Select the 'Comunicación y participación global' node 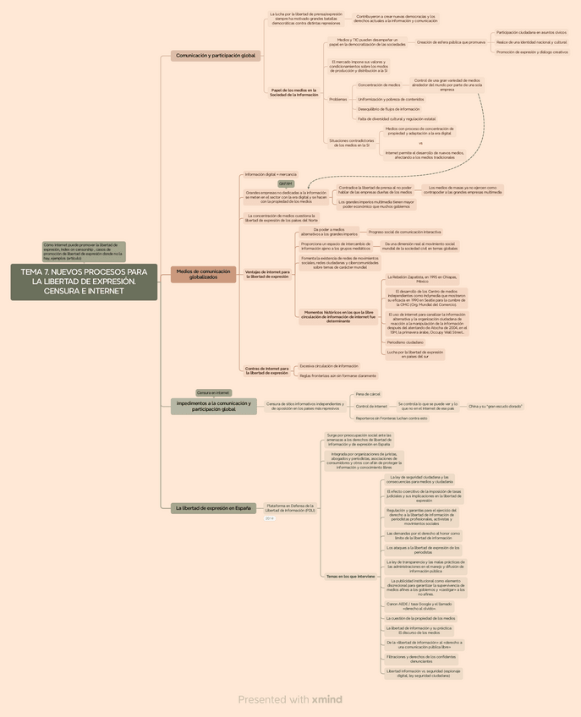215,56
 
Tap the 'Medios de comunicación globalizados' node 203,274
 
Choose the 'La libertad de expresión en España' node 213,508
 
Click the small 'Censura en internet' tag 213,393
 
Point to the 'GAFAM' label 286,183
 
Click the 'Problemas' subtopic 337,100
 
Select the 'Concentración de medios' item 379,85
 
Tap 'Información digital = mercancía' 271,173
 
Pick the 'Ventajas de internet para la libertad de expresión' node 266,274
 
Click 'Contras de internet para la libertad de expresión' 266,370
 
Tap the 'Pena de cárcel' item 368,394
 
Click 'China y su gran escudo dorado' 495,407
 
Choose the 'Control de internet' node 372,407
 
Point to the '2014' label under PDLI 270,518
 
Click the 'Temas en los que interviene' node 350,576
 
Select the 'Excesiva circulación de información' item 329,366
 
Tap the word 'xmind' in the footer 326,699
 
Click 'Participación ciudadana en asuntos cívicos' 531,32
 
